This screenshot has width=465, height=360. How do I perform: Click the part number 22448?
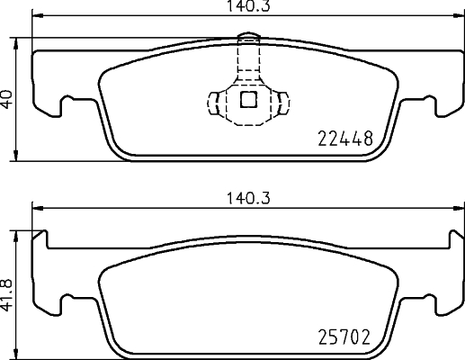point(345,139)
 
